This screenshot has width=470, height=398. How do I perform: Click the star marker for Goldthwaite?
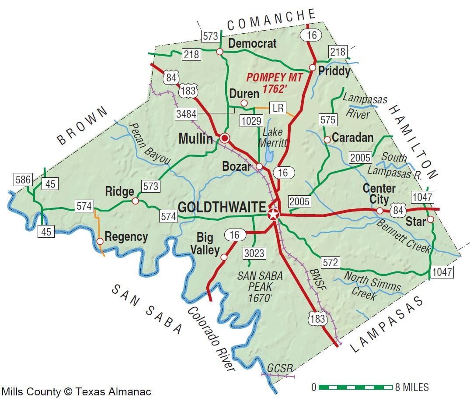coord(273,214)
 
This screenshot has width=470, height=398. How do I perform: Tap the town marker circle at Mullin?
coord(225,138)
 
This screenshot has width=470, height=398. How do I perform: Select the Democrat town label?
coord(252,43)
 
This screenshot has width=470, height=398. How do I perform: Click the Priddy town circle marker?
coord(313,67)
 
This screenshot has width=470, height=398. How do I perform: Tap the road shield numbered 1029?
coord(251,121)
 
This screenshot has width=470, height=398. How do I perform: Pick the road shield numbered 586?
coord(23,179)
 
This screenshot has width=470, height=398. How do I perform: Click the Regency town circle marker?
coord(100,241)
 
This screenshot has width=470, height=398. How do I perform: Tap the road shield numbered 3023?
coord(254,253)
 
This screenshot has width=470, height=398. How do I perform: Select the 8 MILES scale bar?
coord(355,387)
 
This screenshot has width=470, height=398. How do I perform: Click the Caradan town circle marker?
coord(327,139)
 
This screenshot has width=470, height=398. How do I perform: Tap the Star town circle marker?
coord(430,219)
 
